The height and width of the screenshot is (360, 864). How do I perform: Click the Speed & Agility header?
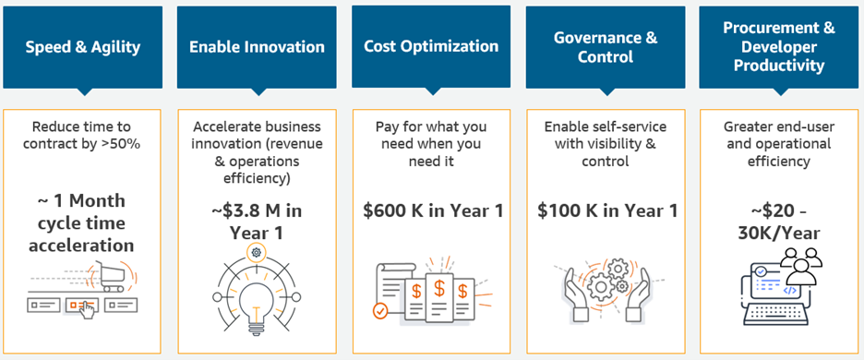(83, 47)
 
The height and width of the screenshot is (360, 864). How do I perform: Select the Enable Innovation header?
(257, 47)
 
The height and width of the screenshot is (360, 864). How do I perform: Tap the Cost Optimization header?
(431, 46)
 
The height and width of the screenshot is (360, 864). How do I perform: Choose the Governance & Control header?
(605, 47)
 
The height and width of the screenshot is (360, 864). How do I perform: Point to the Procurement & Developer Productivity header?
(779, 47)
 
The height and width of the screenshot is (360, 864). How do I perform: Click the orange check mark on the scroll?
(379, 310)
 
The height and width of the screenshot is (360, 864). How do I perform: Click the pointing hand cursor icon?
(86, 308)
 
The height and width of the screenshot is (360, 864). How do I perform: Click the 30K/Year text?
(778, 234)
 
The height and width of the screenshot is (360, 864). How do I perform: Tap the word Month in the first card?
(97, 200)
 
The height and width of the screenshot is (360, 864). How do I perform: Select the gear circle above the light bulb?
(257, 253)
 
